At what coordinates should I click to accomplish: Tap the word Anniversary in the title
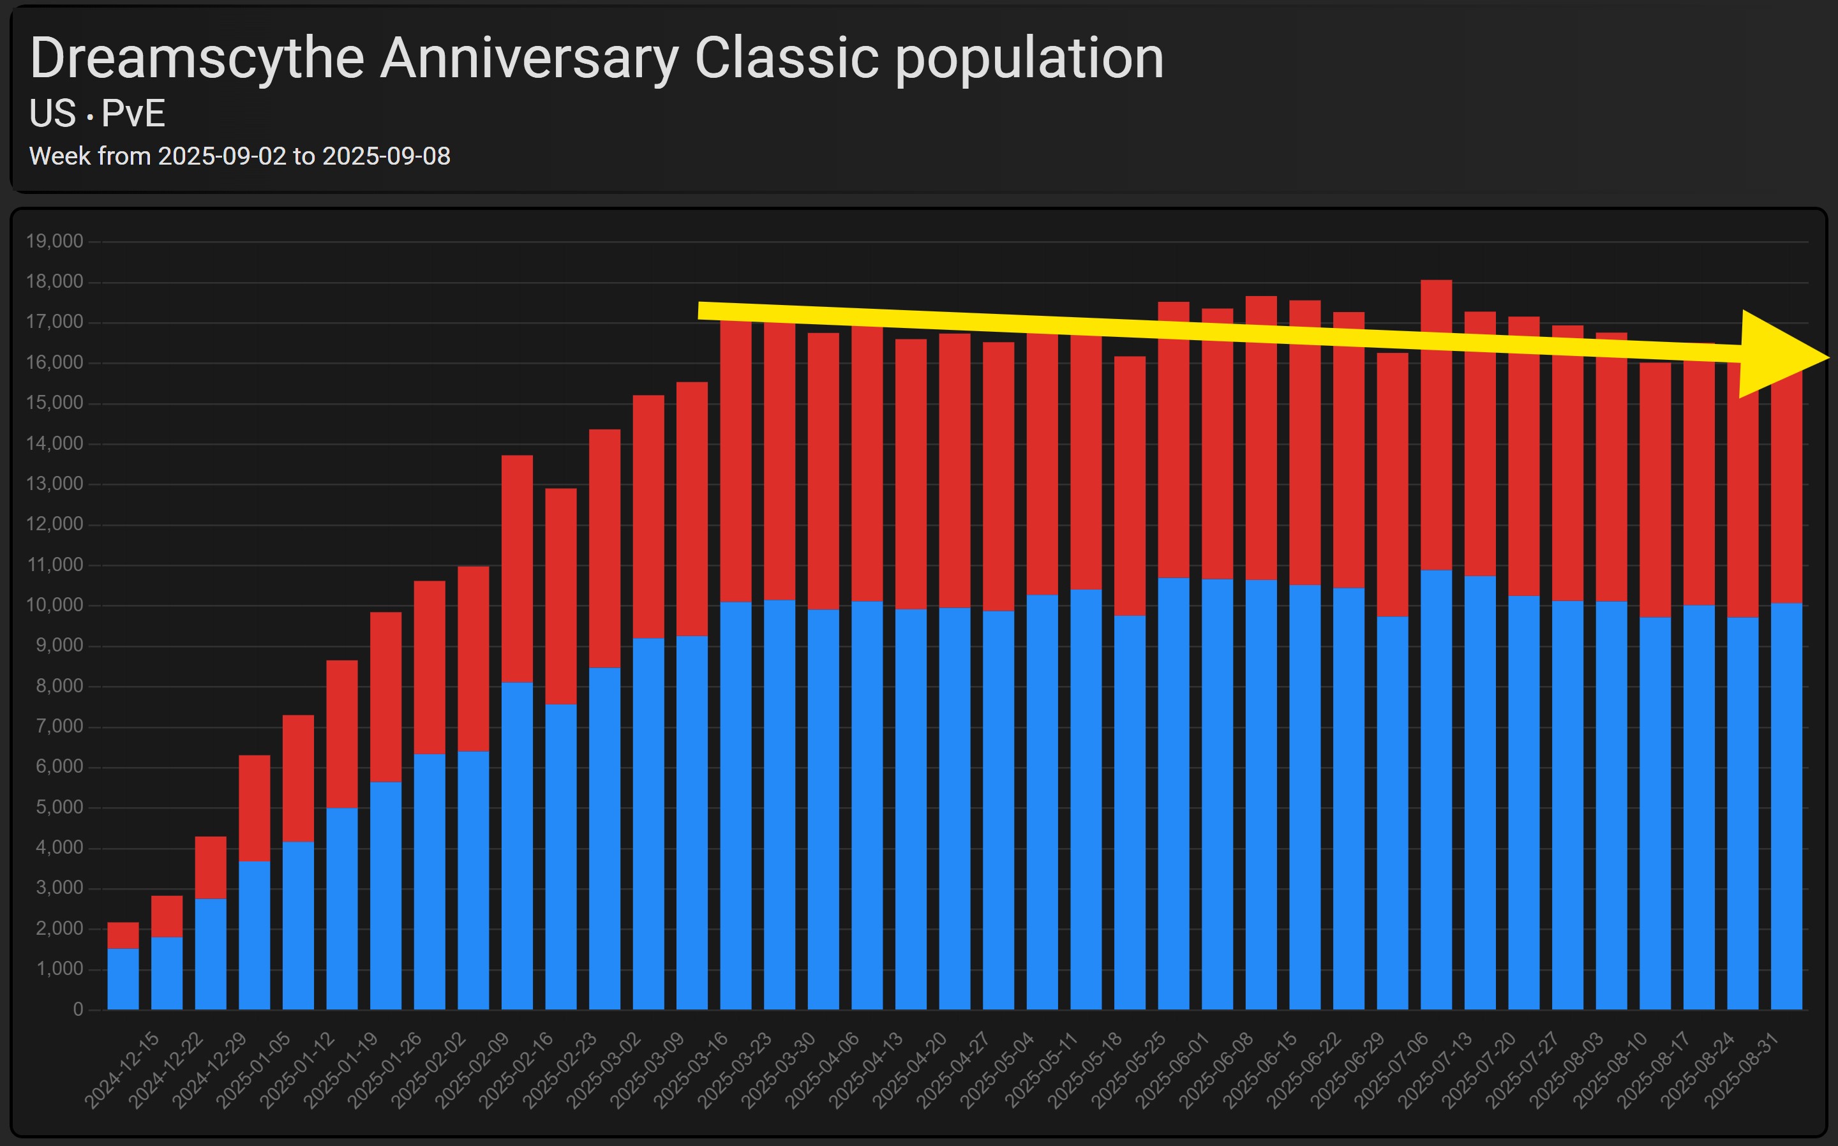tap(528, 59)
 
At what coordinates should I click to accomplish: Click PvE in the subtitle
tap(133, 114)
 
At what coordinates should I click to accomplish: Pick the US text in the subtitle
tap(52, 114)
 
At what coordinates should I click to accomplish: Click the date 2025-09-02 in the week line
tap(222, 156)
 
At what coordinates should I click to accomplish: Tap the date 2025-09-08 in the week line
tap(386, 156)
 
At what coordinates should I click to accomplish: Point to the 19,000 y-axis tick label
tap(55, 242)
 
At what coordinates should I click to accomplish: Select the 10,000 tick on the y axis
tap(55, 606)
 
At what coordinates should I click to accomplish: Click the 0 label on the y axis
tap(78, 1009)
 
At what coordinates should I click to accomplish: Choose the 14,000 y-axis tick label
tap(55, 444)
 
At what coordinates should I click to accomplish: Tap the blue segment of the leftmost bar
tap(123, 979)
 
